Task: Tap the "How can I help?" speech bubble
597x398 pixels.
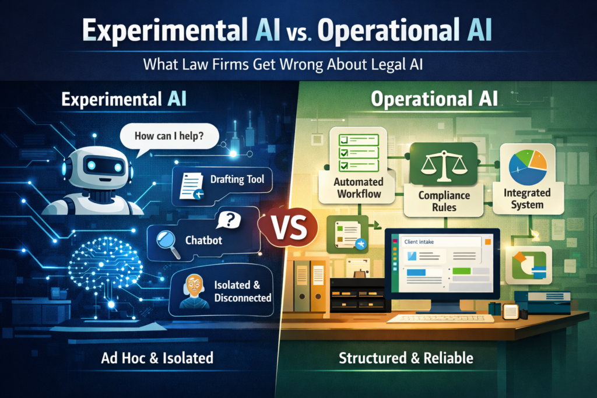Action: tap(168, 138)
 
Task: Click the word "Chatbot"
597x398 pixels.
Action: tap(203, 239)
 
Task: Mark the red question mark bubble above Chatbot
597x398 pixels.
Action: tap(229, 220)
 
